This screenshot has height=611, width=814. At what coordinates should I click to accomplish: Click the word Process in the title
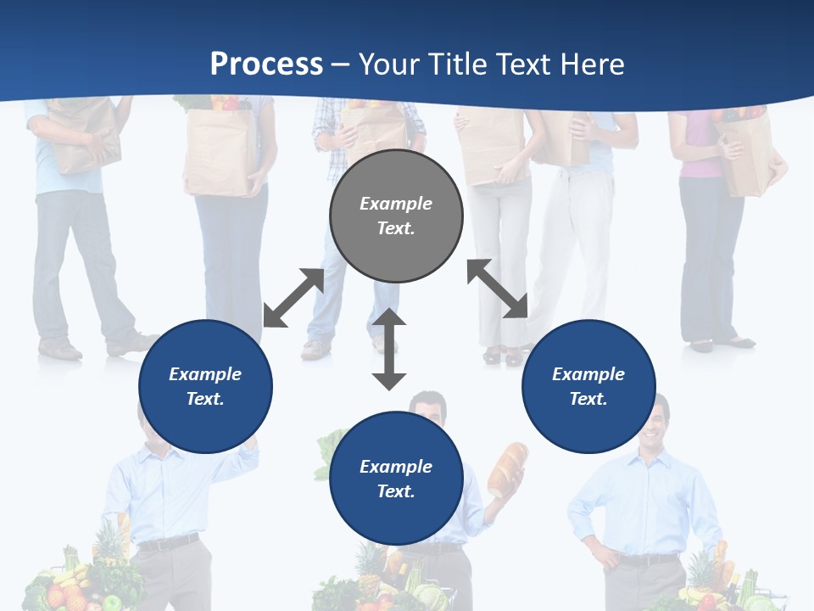click(x=266, y=64)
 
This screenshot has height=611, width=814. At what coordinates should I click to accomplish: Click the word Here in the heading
click(x=590, y=64)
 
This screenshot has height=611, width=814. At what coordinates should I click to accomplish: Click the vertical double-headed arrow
click(x=389, y=348)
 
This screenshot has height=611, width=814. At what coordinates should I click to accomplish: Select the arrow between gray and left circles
click(x=293, y=298)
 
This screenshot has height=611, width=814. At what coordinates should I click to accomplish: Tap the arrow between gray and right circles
click(x=498, y=289)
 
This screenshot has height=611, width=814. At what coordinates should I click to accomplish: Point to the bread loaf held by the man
click(x=507, y=468)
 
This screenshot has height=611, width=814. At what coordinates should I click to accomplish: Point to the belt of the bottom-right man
click(x=648, y=559)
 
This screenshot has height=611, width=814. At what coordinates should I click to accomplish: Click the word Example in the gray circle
click(x=396, y=204)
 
